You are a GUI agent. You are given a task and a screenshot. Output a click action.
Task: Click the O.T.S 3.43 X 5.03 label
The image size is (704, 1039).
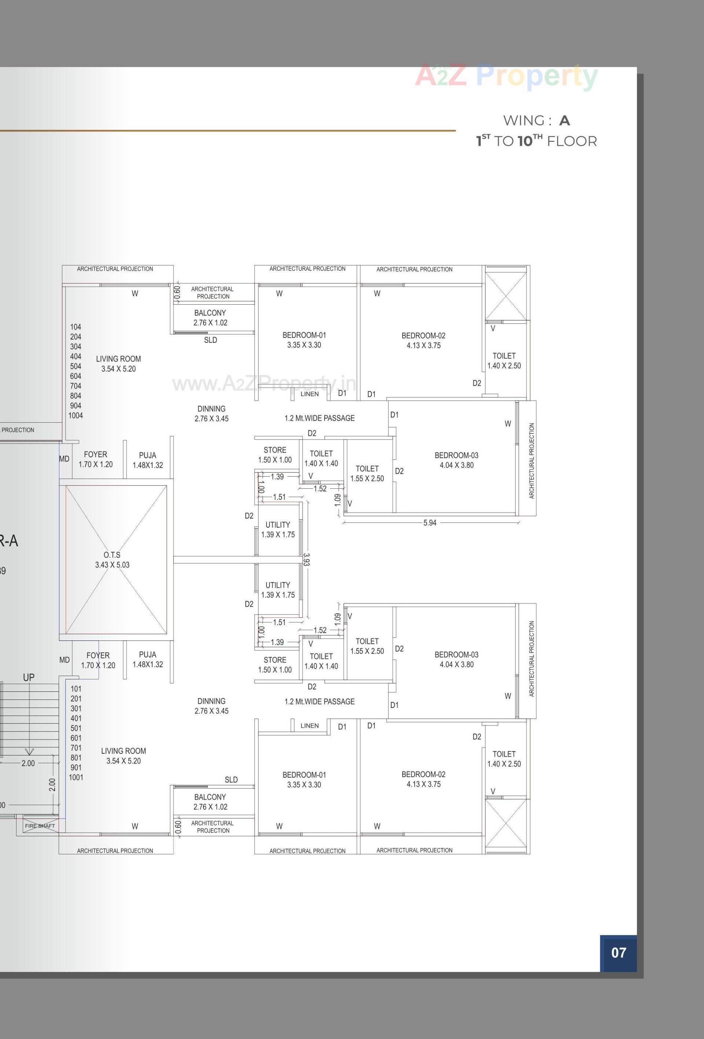tap(112, 560)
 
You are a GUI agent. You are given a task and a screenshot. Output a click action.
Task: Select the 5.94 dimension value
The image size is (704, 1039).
tap(429, 523)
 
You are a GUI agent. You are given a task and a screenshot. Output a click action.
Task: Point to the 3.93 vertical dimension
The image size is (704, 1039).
tap(306, 560)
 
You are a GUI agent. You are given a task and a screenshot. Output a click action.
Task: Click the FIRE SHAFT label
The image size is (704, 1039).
tap(40, 826)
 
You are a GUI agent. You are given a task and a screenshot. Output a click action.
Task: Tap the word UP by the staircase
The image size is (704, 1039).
tap(29, 677)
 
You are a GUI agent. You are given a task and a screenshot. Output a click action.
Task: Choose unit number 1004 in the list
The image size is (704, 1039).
tap(76, 415)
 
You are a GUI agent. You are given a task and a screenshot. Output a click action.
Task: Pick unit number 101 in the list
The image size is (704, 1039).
tap(76, 689)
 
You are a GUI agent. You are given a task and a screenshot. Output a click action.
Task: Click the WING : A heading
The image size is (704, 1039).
tap(536, 121)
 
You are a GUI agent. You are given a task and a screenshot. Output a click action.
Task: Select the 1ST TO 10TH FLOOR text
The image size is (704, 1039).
tap(536, 141)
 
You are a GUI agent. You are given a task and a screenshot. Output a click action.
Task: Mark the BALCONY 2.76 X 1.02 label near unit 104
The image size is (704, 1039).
tap(210, 318)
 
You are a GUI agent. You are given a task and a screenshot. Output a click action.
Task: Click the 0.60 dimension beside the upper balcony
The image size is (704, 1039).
tap(177, 292)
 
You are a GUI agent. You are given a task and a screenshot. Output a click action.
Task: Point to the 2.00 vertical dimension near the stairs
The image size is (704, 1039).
tap(52, 785)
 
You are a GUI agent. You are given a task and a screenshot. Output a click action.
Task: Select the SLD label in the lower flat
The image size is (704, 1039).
tap(231, 780)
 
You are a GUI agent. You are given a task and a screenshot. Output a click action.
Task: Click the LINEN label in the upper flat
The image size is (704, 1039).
tap(309, 394)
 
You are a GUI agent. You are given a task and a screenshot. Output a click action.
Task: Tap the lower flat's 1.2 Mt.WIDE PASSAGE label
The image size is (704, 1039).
tap(319, 701)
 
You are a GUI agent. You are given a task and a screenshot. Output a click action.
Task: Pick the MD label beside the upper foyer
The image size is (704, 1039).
tap(65, 459)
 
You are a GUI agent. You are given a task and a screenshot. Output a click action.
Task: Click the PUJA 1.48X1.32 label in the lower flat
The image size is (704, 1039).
tap(148, 660)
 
